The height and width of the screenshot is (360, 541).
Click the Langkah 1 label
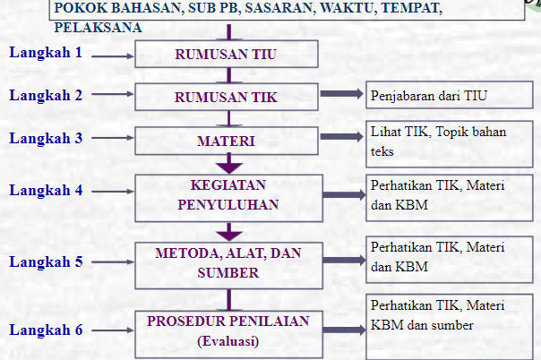coord(46,53)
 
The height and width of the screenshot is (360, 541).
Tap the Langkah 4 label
coord(46,191)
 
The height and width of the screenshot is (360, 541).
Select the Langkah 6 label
coord(46,330)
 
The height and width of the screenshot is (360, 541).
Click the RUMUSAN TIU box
coord(227,54)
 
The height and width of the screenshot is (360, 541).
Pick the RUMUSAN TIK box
coord(227,97)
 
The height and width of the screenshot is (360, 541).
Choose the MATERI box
coord(227,141)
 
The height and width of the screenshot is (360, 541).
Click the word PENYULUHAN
coord(228,205)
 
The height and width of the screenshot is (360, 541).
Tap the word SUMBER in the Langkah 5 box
coord(228,273)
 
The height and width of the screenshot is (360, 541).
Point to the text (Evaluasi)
coord(228,341)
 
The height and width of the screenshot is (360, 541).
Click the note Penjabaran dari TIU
coord(428,96)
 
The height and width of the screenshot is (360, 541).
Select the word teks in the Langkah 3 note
coord(382,151)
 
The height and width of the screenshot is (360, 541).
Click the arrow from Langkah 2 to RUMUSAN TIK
coord(113,94)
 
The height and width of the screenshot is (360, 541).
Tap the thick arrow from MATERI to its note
coord(341,136)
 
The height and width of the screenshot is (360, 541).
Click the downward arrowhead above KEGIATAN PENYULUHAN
coord(229,167)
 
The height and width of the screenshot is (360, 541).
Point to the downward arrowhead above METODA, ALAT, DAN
coord(229,236)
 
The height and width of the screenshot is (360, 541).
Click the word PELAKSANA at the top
coord(98,28)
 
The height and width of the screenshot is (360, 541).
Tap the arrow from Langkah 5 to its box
coord(113,262)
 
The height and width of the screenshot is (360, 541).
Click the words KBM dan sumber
coord(422,325)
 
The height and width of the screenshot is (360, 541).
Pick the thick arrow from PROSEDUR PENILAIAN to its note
coord(344,330)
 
